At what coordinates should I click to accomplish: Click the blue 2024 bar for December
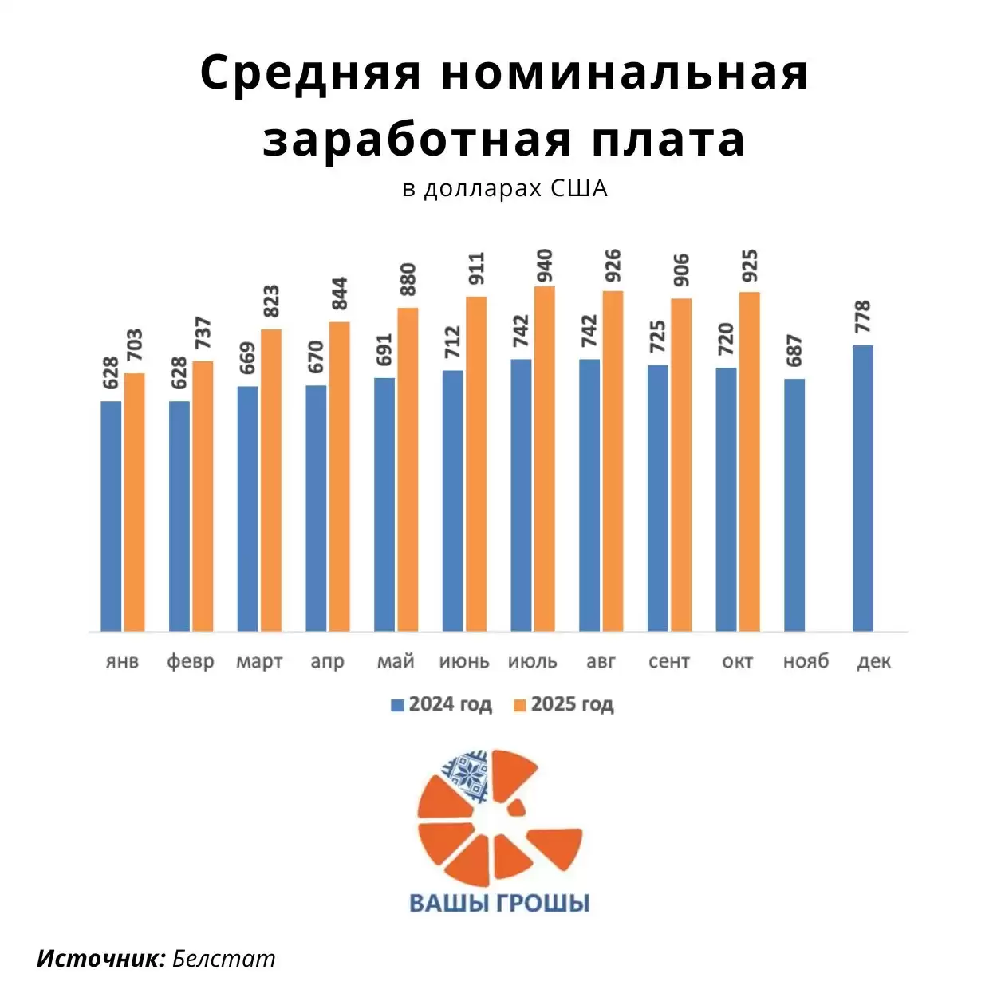pos(862,488)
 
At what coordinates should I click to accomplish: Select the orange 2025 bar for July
pos(545,459)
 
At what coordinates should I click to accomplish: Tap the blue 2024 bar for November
pos(794,505)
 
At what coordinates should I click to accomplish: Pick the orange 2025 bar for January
pos(135,502)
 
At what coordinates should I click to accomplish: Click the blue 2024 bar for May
pos(384,505)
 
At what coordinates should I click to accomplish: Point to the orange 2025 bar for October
pos(750,462)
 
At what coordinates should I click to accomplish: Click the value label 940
pos(545,266)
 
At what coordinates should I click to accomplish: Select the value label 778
pos(862,317)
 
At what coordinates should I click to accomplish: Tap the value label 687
pos(794,351)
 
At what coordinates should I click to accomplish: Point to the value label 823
pos(271,301)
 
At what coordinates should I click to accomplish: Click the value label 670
pos(316,357)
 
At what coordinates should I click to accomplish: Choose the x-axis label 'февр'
pos(191,661)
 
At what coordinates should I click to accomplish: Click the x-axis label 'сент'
pos(669,661)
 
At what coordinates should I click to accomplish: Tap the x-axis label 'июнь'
pos(464,661)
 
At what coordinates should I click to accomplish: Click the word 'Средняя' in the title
pos(310,73)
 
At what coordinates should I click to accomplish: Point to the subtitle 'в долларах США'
pos(505,189)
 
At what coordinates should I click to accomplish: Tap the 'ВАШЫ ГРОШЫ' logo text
pos(499,903)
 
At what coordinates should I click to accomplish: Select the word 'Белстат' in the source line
pos(224,958)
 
